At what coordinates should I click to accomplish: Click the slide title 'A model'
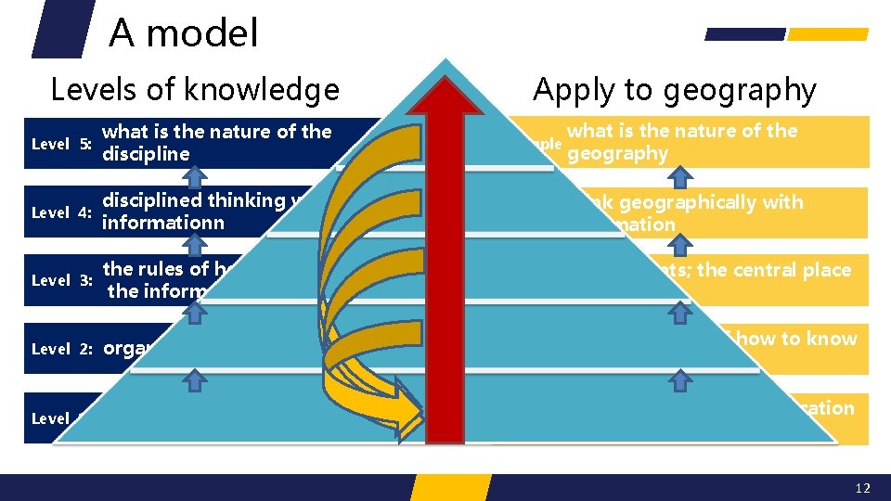[x=184, y=33]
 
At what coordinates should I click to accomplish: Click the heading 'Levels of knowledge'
[x=195, y=90]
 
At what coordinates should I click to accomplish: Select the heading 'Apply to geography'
[x=674, y=90]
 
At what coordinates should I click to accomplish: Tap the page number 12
[x=863, y=488]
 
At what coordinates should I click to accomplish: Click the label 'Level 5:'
[x=60, y=144]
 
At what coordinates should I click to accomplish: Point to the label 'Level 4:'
[x=60, y=212]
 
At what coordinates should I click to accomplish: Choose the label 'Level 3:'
[x=60, y=280]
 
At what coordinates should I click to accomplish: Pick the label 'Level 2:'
[x=60, y=349]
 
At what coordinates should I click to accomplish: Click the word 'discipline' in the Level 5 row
[x=146, y=154]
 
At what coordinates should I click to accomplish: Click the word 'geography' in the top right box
[x=617, y=154]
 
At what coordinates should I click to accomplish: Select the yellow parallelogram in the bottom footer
[x=450, y=487]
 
